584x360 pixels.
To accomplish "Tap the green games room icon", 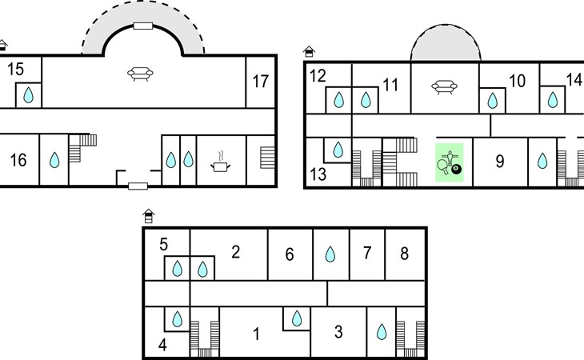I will [x=449, y=162].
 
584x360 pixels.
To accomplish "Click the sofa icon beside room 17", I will [x=142, y=75].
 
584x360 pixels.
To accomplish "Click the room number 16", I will [x=18, y=161].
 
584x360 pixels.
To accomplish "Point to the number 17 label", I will [x=260, y=81].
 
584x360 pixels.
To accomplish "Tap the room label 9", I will [x=499, y=162].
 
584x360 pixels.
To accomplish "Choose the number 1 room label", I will [x=256, y=334].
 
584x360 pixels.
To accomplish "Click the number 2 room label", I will [x=235, y=252].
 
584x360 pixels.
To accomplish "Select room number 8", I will [x=404, y=254].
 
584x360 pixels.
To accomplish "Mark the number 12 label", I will [x=318, y=76].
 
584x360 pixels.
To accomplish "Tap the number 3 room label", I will [x=338, y=331].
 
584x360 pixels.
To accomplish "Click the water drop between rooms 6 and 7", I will [x=329, y=254].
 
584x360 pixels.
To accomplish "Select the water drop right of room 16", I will [x=54, y=161].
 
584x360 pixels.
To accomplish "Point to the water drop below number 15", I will [x=29, y=96].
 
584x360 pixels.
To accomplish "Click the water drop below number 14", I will [x=552, y=100].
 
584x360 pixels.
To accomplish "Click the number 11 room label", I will [x=390, y=84].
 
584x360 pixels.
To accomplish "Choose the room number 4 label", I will [x=162, y=346].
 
